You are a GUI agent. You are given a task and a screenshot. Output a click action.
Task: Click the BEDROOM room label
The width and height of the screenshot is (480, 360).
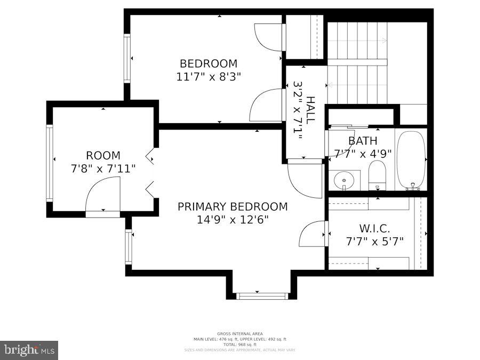[208, 63]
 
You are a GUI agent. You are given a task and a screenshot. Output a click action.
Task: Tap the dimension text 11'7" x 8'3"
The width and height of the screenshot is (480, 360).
[209, 76]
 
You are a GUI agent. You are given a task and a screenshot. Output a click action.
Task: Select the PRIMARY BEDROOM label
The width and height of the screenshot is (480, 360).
[233, 206]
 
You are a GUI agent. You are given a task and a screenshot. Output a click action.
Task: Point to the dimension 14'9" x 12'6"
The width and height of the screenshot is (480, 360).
[233, 219]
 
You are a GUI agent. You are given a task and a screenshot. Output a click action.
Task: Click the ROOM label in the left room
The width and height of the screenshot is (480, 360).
[103, 156]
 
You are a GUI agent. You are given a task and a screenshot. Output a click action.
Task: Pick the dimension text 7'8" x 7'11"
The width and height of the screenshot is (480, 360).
[103, 169]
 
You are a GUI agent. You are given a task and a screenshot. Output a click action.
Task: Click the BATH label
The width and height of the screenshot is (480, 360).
[363, 141]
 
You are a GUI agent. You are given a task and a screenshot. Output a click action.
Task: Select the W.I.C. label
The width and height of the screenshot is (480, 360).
[374, 228]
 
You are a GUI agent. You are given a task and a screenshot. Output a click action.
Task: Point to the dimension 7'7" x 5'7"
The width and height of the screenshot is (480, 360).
[374, 241]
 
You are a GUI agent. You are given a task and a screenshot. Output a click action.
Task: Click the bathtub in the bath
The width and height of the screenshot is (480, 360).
[411, 159]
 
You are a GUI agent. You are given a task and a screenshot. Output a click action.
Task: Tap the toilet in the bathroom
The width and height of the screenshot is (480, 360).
[377, 175]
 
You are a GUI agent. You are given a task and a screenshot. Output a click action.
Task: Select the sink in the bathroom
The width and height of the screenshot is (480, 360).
[344, 180]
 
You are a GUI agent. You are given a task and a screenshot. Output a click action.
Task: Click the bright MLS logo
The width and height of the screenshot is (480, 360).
[29, 350]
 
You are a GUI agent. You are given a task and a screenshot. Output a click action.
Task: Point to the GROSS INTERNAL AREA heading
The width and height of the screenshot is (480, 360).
[239, 334]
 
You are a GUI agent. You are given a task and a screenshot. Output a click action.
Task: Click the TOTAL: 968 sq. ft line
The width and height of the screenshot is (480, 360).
[239, 345]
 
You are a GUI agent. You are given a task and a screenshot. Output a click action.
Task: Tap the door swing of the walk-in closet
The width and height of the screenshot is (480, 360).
[313, 235]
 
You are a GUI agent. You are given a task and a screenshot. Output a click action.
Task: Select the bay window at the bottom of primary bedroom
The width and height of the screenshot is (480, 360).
[261, 295]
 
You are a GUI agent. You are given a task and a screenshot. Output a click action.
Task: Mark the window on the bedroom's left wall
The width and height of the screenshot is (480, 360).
[127, 58]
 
